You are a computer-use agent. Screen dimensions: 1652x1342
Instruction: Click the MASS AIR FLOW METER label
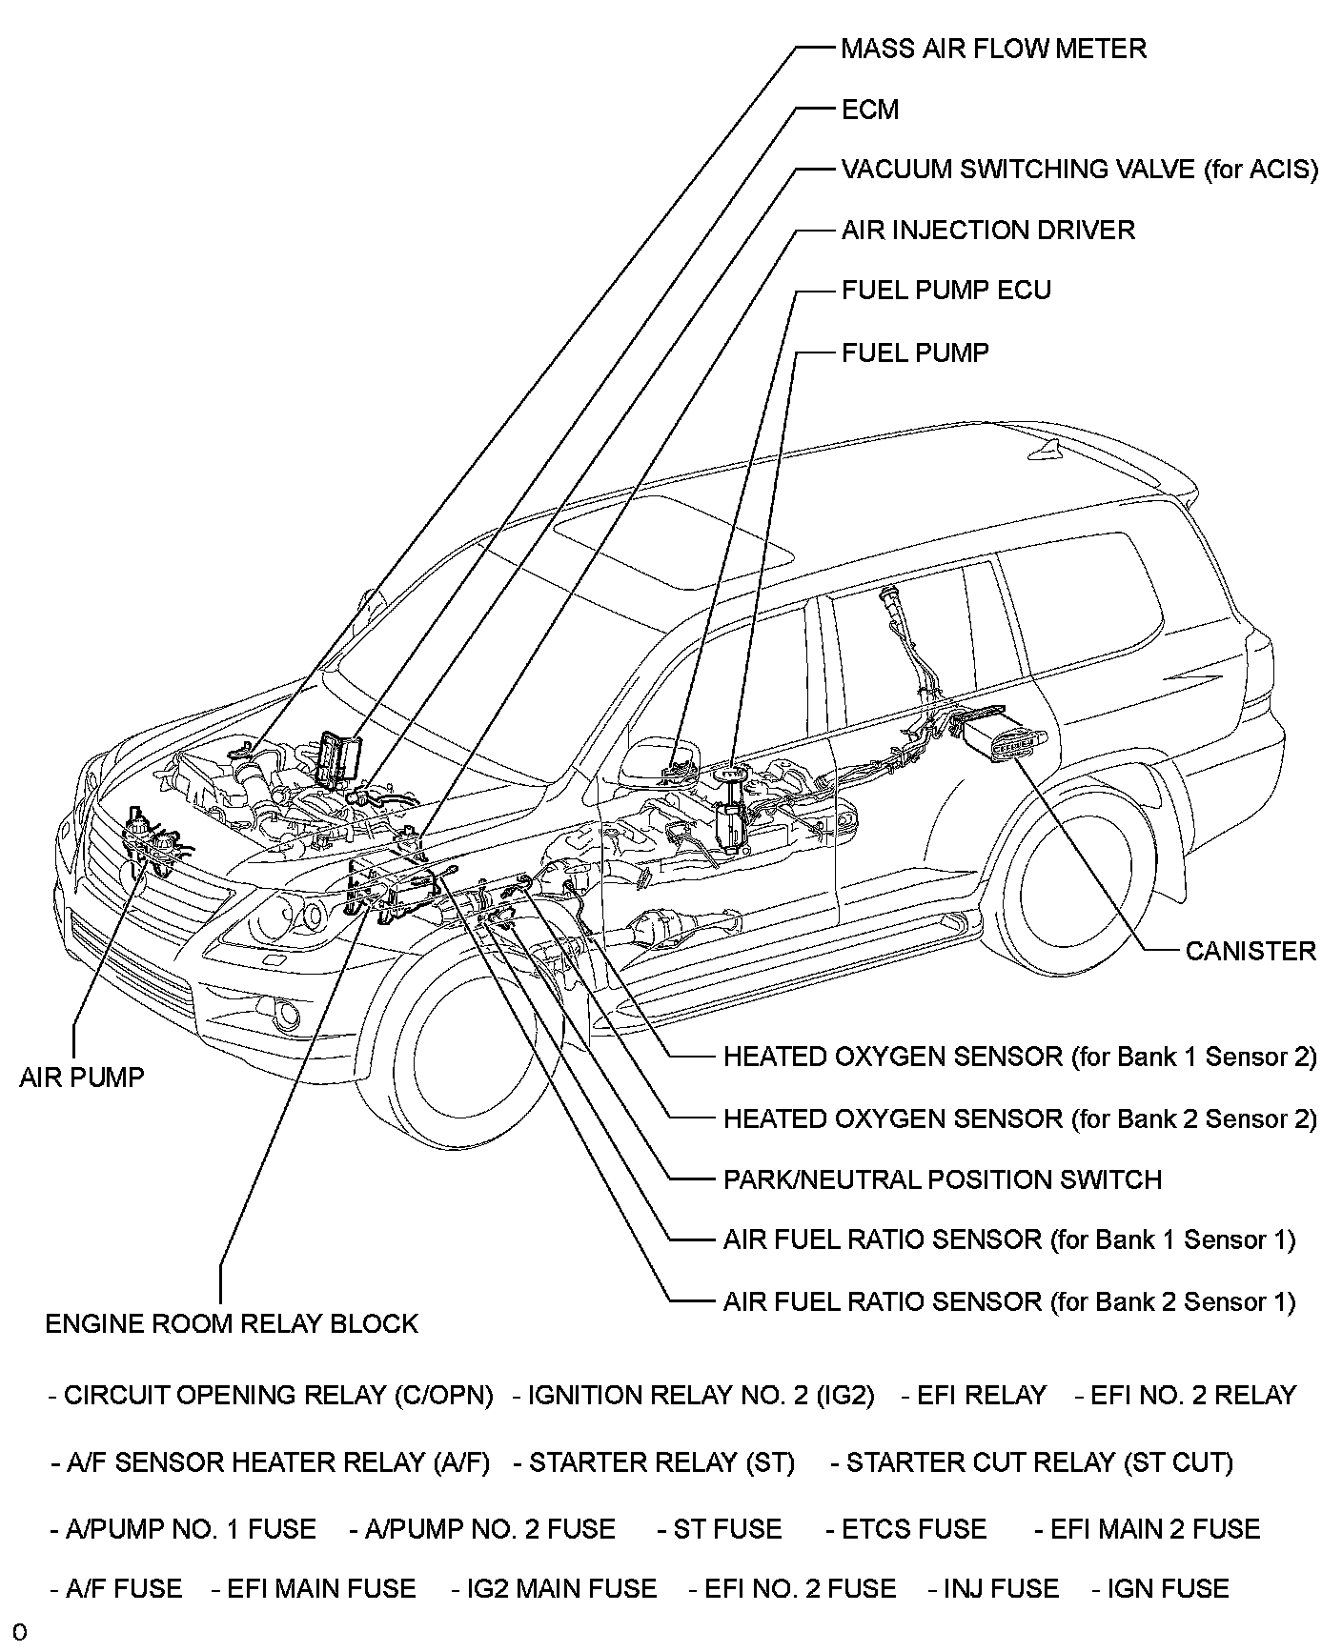tap(993, 49)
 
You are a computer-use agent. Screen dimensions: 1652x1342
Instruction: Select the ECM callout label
tap(869, 110)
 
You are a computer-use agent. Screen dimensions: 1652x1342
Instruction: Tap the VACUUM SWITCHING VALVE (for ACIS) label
tap(1079, 170)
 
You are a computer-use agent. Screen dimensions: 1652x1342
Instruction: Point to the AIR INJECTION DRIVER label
tap(987, 231)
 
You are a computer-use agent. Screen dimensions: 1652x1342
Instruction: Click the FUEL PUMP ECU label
tap(945, 291)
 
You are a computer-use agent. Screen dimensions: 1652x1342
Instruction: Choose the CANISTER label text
tap(1250, 951)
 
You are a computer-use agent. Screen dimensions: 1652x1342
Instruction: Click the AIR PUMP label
tap(82, 1078)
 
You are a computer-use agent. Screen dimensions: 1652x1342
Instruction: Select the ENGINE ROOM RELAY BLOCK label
tap(232, 1323)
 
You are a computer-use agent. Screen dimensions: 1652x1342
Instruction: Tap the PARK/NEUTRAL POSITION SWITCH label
tap(942, 1179)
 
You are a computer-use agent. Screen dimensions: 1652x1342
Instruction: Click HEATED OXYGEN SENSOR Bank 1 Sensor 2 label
tap(1020, 1057)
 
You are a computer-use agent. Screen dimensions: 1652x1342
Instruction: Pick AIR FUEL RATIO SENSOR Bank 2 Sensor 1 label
tap(1008, 1301)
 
